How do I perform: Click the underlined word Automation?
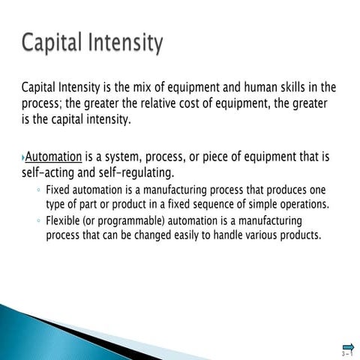click(x=53, y=157)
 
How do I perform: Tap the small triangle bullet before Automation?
click(x=22, y=158)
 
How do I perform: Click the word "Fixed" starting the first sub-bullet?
click(x=58, y=190)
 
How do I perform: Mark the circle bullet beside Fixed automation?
click(x=38, y=190)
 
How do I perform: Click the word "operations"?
click(x=305, y=204)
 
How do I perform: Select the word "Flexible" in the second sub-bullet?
click(x=63, y=221)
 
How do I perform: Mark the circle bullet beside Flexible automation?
click(x=38, y=222)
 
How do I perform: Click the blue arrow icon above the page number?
click(x=348, y=346)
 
